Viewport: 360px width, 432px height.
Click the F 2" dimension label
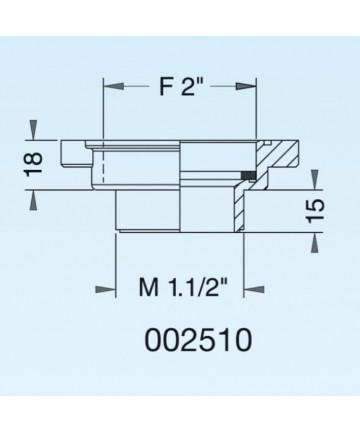point(181,87)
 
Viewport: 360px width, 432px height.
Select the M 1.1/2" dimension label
point(183,287)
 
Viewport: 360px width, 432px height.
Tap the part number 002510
point(199,340)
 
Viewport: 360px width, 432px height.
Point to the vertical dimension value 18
point(34,165)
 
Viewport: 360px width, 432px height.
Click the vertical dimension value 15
point(315,211)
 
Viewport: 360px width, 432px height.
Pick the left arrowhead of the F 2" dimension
point(114,86)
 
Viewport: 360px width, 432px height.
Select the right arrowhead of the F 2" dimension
point(246,86)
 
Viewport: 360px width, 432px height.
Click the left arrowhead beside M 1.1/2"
point(105,289)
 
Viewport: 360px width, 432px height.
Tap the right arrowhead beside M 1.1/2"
point(254,289)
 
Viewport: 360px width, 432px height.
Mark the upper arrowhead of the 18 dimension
point(33,130)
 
